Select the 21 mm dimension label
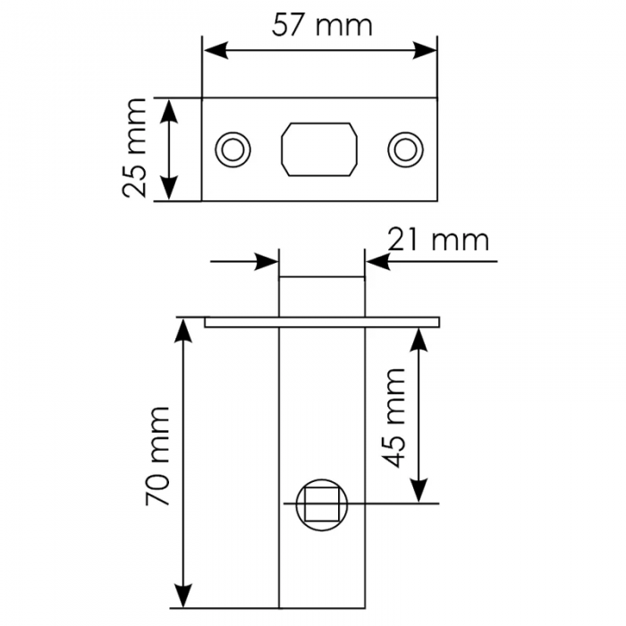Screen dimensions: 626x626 coord(438,240)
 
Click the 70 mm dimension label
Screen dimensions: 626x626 coord(158,456)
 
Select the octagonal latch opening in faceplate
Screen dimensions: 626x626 coord(319,148)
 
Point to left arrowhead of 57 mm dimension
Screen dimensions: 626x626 coord(213,50)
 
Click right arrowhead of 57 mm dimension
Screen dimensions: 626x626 coord(427,50)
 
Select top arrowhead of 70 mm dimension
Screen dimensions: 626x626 coord(184,328)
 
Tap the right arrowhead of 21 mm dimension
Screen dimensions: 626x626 coord(376,262)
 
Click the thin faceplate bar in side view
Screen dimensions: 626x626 coord(322,321)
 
